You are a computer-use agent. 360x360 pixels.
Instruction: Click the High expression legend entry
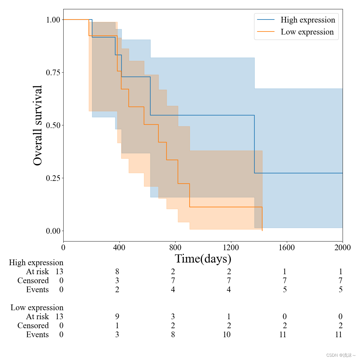click(x=307, y=20)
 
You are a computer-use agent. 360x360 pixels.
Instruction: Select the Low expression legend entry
click(x=307, y=32)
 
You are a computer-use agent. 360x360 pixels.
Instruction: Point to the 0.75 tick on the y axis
click(x=53, y=73)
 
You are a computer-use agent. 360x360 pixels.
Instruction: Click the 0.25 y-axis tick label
click(x=53, y=178)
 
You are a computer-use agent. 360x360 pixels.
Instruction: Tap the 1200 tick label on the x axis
click(x=231, y=247)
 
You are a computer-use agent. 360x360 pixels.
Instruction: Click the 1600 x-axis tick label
click(x=286, y=247)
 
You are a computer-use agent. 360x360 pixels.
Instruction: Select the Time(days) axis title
click(x=203, y=259)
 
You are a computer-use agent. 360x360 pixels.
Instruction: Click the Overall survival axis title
click(x=38, y=125)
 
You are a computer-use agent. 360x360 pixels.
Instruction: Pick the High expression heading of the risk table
click(x=36, y=262)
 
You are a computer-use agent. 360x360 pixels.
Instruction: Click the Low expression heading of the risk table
click(x=37, y=307)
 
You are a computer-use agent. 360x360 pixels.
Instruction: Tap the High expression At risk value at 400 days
click(x=117, y=271)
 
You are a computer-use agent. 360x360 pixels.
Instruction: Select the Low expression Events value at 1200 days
click(x=226, y=334)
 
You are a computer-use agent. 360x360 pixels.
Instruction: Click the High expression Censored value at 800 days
click(x=173, y=280)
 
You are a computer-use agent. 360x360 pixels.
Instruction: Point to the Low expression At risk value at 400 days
click(x=117, y=316)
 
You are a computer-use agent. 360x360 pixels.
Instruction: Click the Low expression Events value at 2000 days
click(x=338, y=334)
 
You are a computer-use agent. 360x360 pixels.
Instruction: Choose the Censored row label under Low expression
click(x=33, y=325)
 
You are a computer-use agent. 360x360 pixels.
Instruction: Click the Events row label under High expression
click(x=37, y=289)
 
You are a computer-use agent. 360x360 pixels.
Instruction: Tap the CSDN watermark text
click(x=341, y=355)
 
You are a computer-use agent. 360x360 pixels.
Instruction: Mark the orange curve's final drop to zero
click(x=262, y=219)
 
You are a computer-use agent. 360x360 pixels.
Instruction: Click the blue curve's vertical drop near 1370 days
click(x=254, y=144)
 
